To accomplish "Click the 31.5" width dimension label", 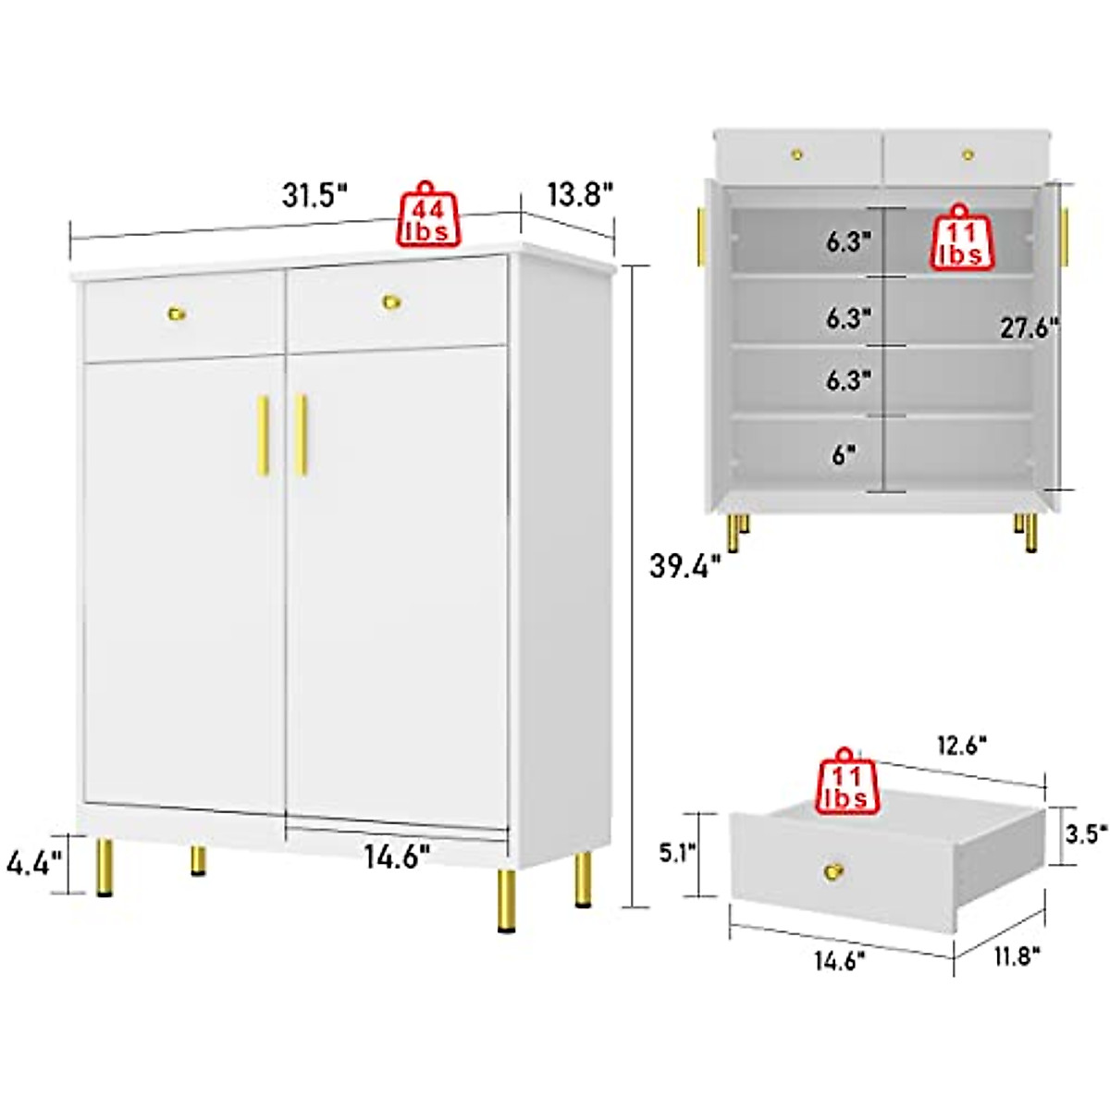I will tap(314, 197).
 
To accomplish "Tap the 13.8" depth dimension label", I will tap(580, 195).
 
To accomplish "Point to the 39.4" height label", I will tap(684, 565).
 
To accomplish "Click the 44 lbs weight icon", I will tap(428, 217).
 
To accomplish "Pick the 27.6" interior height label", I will tap(1029, 327).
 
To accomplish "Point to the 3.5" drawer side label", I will tap(1086, 834).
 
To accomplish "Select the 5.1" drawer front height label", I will tap(678, 852).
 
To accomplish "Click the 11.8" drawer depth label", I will tap(1017, 956).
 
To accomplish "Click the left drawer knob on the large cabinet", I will tap(177, 313).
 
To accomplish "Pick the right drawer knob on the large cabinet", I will tap(392, 302).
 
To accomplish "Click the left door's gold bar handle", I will tap(264, 436).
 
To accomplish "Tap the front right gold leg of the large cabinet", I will tap(507, 900).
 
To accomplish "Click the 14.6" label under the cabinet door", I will tap(397, 857).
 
